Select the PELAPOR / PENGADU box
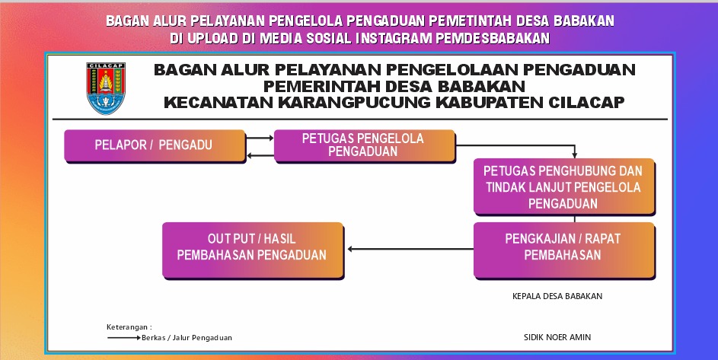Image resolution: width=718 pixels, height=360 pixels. [155, 145]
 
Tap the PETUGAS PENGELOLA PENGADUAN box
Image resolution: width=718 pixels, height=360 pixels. [363, 145]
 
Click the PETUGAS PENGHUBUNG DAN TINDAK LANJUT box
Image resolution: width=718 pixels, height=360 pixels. [563, 186]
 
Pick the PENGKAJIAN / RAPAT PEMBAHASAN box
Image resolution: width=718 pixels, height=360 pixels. [563, 248]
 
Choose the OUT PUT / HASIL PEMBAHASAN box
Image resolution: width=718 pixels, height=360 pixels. [252, 248]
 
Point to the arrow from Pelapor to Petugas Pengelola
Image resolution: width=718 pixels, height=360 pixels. [260, 139]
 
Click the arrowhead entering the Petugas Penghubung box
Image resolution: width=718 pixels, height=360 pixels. [575, 155]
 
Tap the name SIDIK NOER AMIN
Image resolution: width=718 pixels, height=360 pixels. [557, 337]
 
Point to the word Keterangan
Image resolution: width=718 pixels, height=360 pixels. [129, 327]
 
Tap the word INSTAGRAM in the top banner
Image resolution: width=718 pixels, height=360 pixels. [388, 38]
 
